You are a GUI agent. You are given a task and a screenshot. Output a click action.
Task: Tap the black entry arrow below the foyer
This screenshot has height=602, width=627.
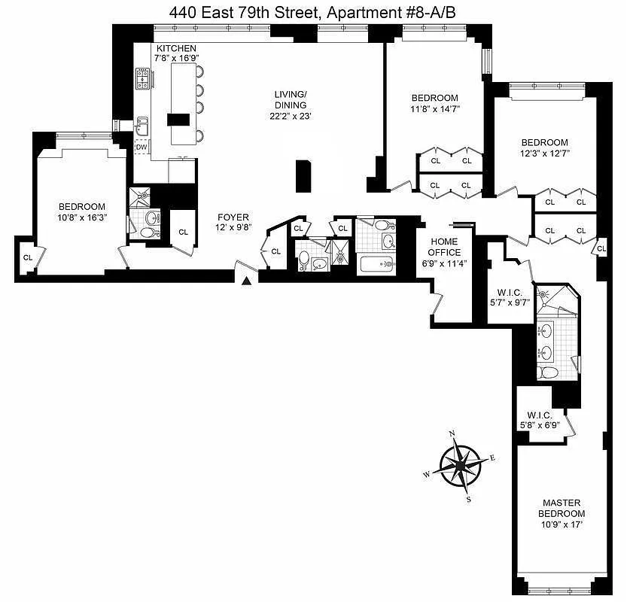[x=246, y=281]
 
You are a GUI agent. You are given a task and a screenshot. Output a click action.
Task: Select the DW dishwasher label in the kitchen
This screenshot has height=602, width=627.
[x=142, y=147]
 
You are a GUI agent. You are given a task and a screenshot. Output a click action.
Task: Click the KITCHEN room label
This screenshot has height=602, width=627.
[x=176, y=49]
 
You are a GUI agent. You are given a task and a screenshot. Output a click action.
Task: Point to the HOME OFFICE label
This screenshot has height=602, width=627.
[x=445, y=247]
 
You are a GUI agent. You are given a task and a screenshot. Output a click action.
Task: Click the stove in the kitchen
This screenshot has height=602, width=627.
[x=142, y=78]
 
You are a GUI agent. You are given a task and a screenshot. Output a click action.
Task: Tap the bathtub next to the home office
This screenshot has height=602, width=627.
[x=377, y=264]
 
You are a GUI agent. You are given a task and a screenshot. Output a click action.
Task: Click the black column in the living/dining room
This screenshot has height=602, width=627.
[x=303, y=177]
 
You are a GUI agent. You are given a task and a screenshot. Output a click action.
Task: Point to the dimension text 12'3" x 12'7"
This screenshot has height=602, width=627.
[x=545, y=153]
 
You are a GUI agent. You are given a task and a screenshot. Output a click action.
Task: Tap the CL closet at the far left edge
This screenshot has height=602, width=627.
[x=29, y=258]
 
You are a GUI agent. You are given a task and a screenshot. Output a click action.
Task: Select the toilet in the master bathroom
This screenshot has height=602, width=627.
[x=548, y=372]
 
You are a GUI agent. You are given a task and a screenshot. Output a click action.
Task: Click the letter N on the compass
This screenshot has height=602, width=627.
[x=452, y=434]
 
